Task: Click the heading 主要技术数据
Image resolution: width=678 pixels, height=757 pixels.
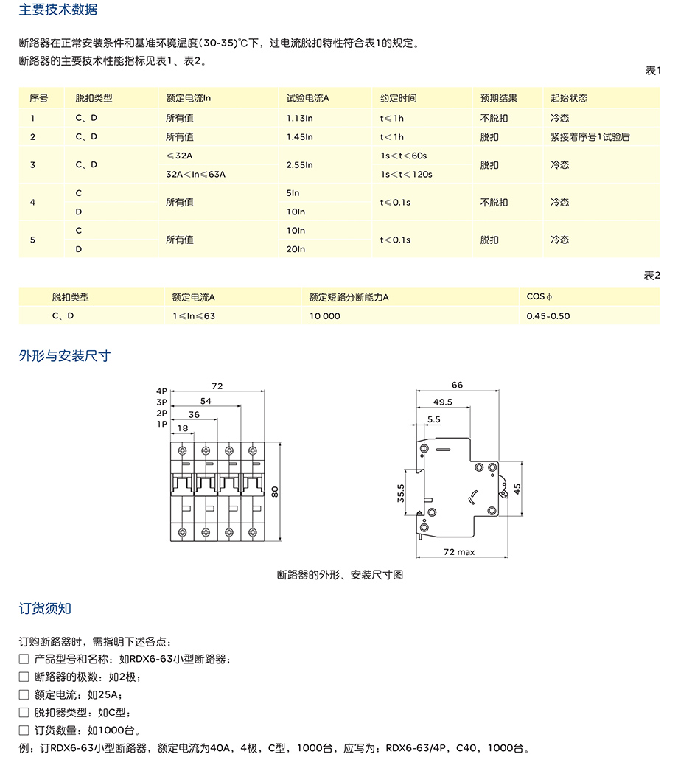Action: coord(57,10)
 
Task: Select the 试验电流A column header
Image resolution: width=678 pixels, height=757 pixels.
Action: coord(307,98)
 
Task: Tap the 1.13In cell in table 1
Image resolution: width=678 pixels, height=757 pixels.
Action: coord(300,118)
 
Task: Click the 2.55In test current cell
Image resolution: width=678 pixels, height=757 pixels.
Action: coord(300,165)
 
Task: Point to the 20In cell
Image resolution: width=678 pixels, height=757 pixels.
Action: coord(296,249)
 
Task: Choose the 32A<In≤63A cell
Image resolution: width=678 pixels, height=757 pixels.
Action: coord(195,175)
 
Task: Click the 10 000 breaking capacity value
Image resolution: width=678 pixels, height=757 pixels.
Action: coord(325,315)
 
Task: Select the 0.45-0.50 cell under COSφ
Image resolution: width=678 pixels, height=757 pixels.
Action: coord(548,315)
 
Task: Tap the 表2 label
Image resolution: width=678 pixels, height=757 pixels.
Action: coord(652,275)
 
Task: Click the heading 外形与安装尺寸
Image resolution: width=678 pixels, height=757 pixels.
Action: coord(65,356)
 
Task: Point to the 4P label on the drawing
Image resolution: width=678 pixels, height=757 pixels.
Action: coord(162,391)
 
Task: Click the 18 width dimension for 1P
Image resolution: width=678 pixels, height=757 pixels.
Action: coord(183,428)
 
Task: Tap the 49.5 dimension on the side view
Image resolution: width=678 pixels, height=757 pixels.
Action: coord(443,402)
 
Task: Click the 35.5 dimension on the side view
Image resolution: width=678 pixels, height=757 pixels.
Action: coord(401,493)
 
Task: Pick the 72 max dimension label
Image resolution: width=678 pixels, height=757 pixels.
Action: coord(458,551)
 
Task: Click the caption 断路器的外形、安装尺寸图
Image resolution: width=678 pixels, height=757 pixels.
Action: coord(340,575)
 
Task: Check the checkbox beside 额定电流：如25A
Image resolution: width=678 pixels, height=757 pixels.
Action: coord(24,694)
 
